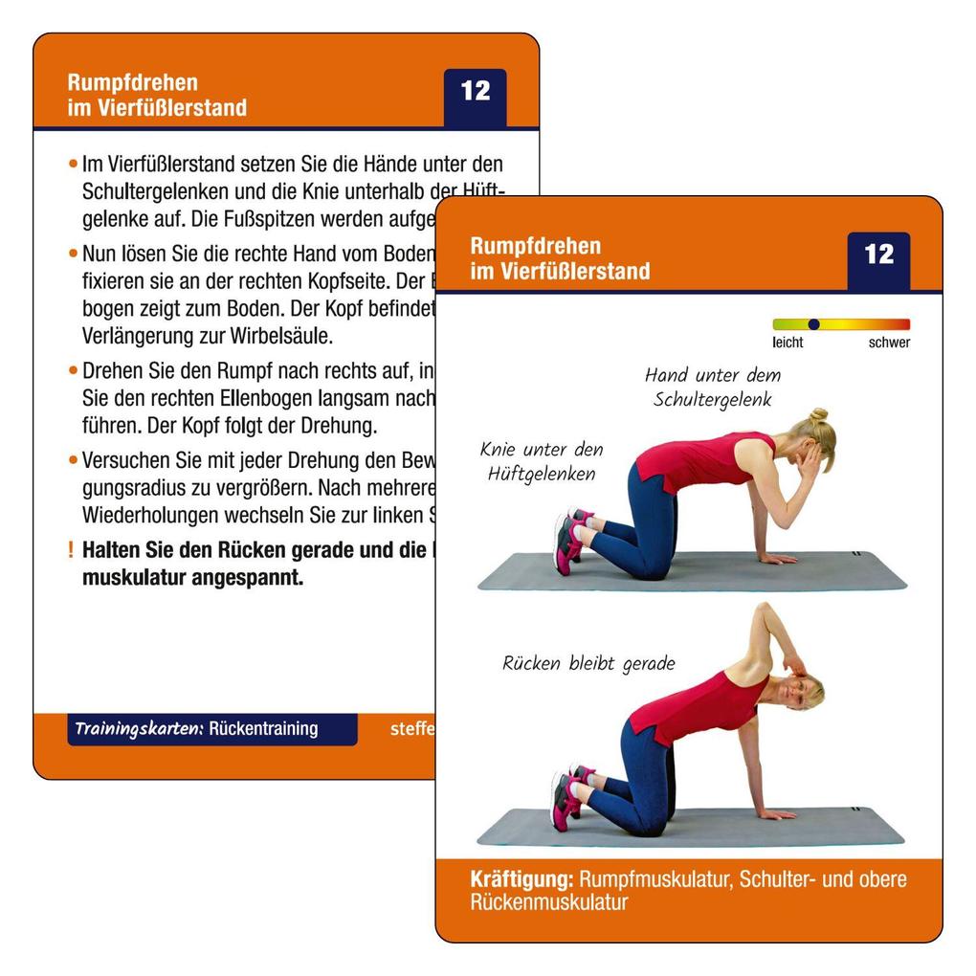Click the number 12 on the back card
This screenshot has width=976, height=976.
pos(475,91)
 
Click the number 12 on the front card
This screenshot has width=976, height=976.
pos(878,255)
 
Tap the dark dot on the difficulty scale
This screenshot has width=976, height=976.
pos(813,324)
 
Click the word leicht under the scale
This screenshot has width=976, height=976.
pos(787,343)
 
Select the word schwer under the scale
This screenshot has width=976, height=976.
pos(889,343)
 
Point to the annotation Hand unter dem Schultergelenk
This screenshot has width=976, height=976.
pos(712,387)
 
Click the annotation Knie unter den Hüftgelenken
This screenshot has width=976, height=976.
pos(542,460)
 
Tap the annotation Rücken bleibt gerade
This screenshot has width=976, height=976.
pos(588,663)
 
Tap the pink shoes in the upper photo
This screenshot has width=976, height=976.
pos(568,540)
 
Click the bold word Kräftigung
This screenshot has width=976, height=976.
pos(521,879)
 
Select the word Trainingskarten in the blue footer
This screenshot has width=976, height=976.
pos(139,728)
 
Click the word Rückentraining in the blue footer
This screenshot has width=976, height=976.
pos(263,728)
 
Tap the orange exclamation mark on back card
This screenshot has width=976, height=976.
pos(70,551)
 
